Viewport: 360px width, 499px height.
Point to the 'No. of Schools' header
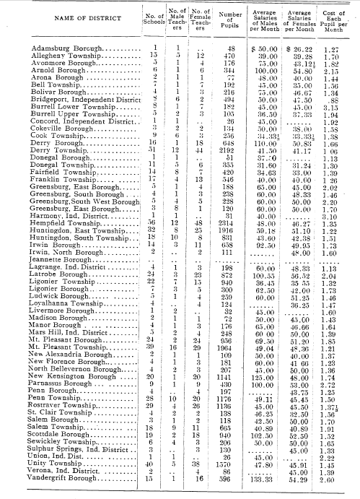(148, 17)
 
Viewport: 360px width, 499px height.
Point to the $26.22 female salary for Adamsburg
(304, 48)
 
